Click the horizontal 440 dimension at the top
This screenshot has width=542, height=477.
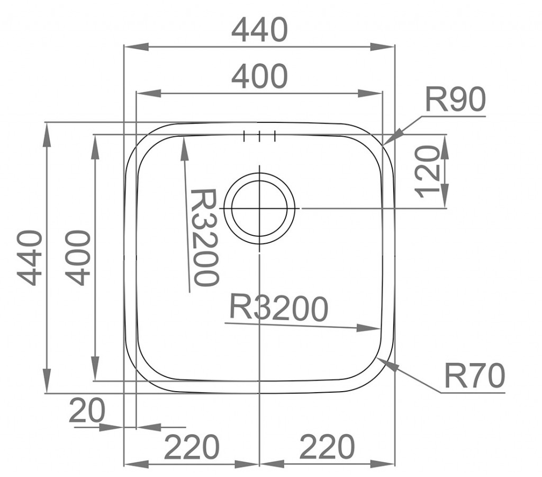click(259, 30)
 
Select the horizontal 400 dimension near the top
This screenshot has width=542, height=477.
click(259, 76)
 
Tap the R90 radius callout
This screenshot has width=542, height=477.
click(455, 99)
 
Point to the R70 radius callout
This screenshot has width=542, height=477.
click(474, 375)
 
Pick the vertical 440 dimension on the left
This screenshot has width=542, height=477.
click(30, 258)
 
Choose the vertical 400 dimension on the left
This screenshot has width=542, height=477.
click(78, 258)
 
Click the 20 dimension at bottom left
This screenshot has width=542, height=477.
click(87, 411)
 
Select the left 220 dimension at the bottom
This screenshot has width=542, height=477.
click(192, 447)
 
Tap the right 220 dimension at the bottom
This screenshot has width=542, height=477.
click(327, 447)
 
